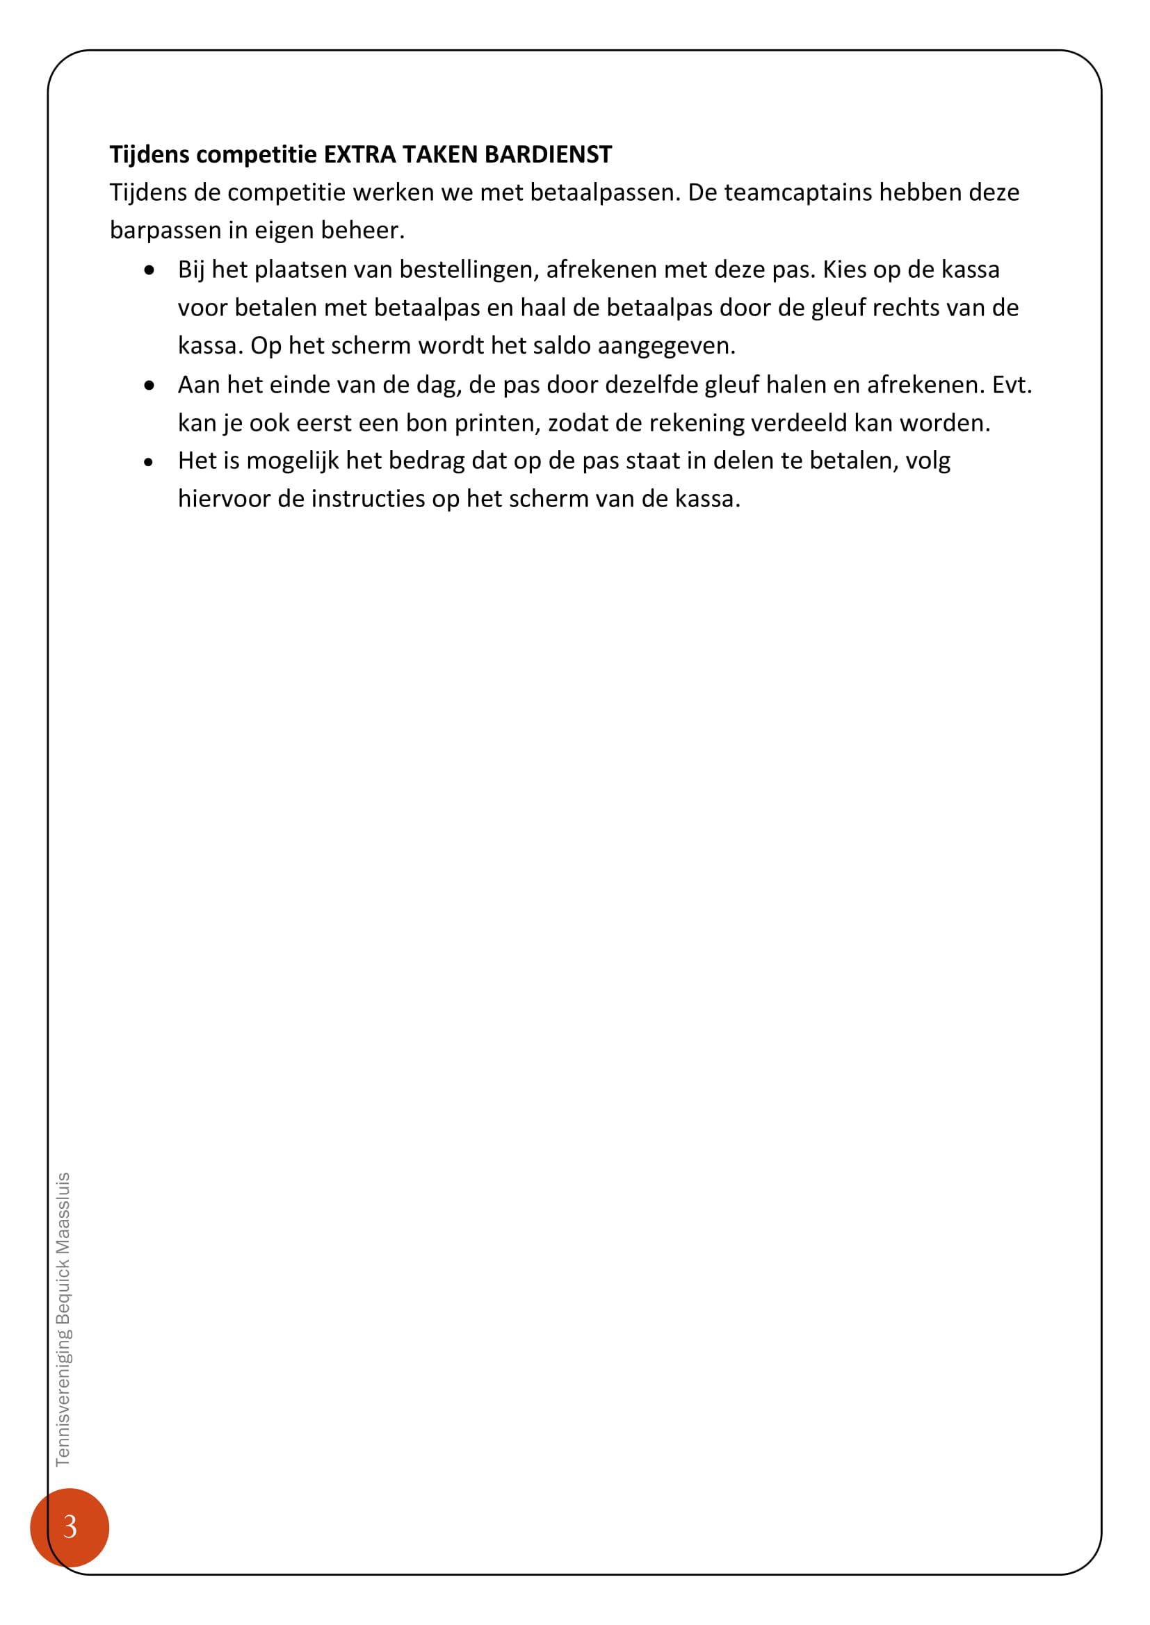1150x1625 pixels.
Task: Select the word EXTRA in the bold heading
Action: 359,154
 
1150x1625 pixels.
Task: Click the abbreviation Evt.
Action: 1012,385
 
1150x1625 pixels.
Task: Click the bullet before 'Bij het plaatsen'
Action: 149,270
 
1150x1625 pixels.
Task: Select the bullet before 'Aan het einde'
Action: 149,386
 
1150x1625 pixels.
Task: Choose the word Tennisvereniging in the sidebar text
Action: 63,1399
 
